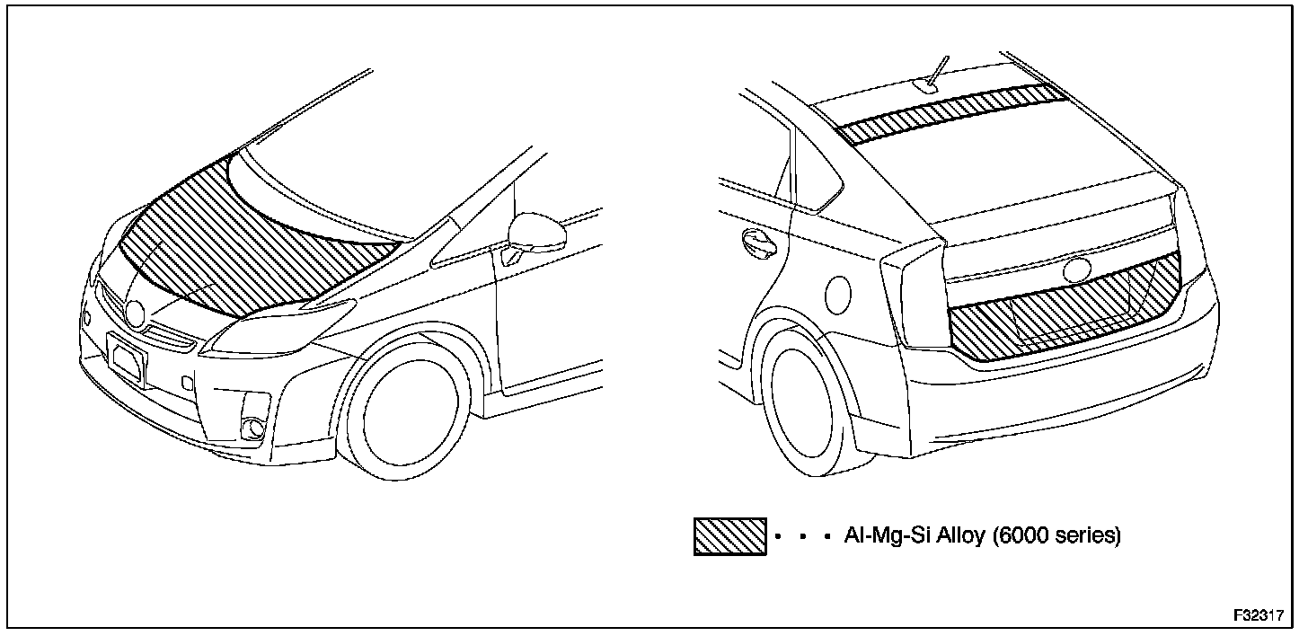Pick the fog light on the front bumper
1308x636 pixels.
[x=254, y=425]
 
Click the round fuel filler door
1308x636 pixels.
[x=838, y=294]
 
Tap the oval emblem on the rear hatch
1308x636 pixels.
[x=1075, y=270]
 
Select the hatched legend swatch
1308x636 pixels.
[x=729, y=536]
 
